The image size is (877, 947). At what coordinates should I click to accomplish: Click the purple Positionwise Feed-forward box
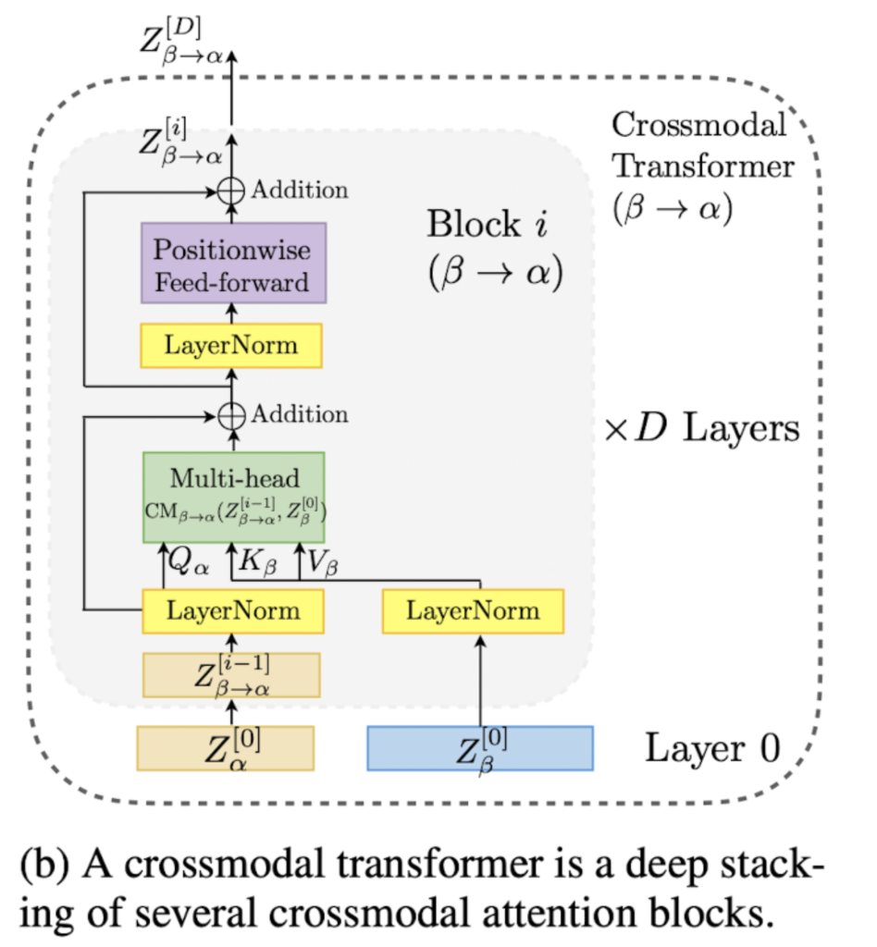tap(233, 263)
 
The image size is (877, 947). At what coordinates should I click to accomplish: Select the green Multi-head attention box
tap(233, 497)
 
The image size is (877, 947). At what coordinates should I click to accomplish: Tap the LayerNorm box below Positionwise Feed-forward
tap(231, 346)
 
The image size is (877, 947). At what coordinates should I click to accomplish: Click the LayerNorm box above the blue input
tap(473, 610)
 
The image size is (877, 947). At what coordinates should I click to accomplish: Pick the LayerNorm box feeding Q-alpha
tap(233, 610)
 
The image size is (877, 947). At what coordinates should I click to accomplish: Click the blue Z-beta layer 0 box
tap(479, 747)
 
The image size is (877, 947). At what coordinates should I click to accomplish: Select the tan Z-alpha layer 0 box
tap(227, 747)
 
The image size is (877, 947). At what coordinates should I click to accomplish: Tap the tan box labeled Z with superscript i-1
tap(231, 674)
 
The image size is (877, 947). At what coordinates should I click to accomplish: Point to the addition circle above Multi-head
tap(231, 415)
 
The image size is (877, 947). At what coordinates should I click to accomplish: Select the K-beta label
tap(260, 560)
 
